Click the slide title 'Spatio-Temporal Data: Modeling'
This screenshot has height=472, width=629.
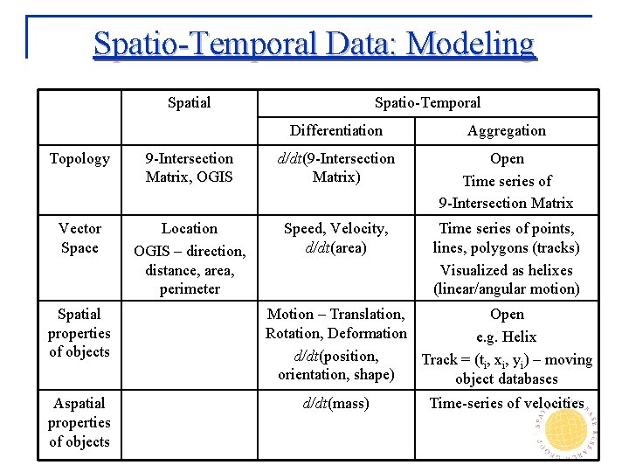click(314, 43)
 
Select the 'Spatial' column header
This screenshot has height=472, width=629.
click(189, 102)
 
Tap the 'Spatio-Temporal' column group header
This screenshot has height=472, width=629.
click(427, 102)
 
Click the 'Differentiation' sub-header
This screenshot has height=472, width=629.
click(335, 130)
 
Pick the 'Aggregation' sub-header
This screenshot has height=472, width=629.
click(506, 130)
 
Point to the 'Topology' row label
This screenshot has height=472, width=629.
click(79, 158)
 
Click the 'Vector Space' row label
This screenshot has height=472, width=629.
click(79, 238)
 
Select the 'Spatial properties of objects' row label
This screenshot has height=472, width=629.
click(79, 333)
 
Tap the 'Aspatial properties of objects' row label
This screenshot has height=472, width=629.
click(79, 422)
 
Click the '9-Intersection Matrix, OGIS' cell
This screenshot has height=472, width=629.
click(190, 168)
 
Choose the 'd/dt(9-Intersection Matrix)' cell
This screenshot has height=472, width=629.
click(335, 168)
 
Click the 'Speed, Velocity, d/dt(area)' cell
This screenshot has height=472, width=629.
click(335, 238)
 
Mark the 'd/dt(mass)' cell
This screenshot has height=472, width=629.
click(335, 403)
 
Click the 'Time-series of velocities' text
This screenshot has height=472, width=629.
click(506, 403)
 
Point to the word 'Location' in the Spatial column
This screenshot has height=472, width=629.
click(190, 228)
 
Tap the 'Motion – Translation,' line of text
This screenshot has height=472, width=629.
click(335, 314)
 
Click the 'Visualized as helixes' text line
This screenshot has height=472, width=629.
click(506, 270)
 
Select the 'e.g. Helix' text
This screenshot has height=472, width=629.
click(506, 337)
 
